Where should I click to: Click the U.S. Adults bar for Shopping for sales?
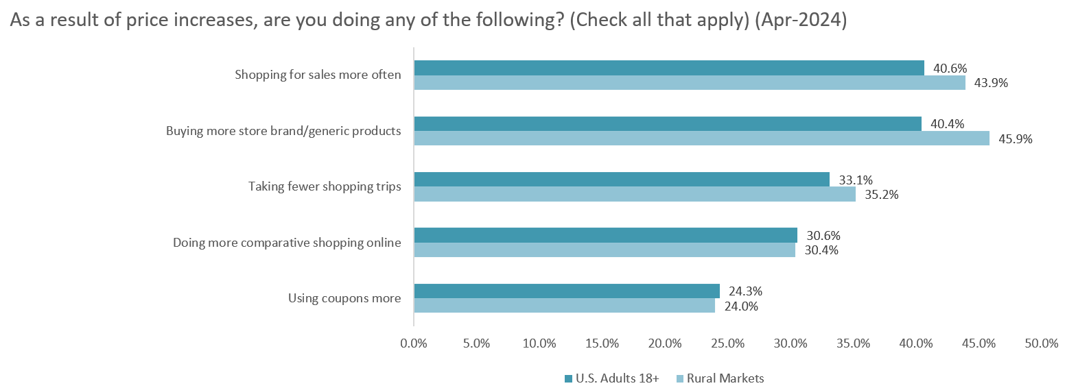point(669,68)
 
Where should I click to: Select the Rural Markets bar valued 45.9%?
point(702,138)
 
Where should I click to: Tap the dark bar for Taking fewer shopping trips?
point(622,180)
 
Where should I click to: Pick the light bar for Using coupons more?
point(564,306)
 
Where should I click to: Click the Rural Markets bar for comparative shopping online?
point(605,250)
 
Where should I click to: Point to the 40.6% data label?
point(950,68)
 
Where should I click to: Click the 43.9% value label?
point(991,83)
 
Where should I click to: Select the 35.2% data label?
point(881,194)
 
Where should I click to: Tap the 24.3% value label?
point(745,291)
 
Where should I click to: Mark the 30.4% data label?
point(821,250)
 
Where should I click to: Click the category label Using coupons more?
point(344,298)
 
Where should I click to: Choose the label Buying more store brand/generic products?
point(283,131)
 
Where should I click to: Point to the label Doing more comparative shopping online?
point(287,242)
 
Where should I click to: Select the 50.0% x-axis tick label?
point(1041,343)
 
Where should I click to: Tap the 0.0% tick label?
point(414,343)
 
